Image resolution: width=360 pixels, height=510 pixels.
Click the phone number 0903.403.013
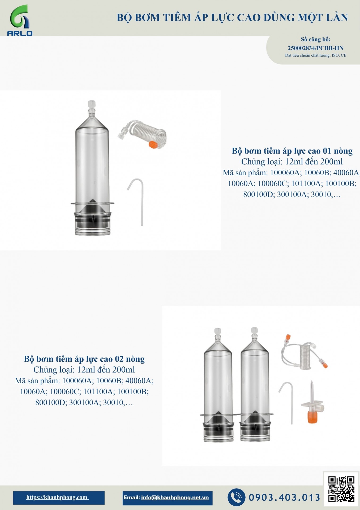[x=284, y=497]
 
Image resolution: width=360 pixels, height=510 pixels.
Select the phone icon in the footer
[x=236, y=497]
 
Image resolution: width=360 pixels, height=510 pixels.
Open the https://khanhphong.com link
[x=57, y=497]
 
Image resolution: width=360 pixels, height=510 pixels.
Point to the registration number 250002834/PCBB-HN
[x=316, y=48]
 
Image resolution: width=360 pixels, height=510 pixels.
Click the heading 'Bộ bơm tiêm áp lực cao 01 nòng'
[x=292, y=151]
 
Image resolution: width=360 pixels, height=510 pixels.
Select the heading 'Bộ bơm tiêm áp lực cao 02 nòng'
[x=84, y=359]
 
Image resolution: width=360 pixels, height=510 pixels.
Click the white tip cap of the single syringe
[x=91, y=104]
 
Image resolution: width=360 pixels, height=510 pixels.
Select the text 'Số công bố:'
[x=316, y=39]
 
